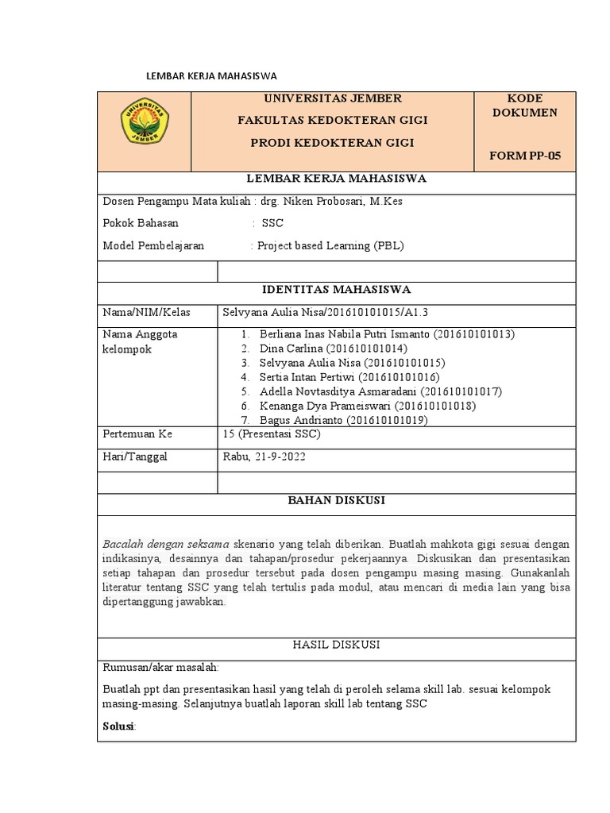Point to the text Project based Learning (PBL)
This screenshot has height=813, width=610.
pos(329,246)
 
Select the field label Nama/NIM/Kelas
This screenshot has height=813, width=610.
pos(146,313)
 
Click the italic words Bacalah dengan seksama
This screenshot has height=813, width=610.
pos(166,545)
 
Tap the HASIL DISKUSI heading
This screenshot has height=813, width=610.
pos(347,645)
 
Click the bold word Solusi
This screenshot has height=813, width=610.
pos(119,727)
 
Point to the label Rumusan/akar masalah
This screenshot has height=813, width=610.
pos(160,667)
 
